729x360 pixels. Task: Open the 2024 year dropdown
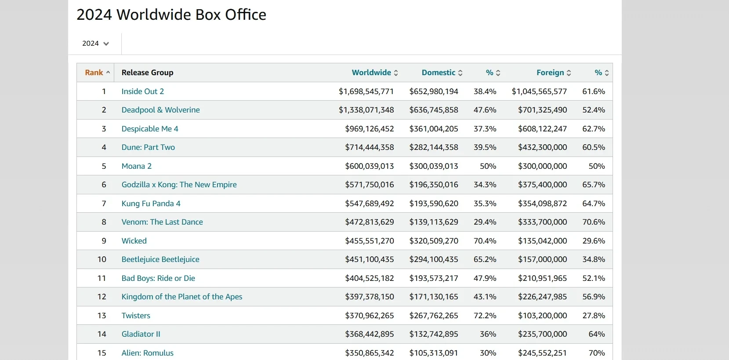(95, 44)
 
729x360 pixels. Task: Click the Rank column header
(94, 73)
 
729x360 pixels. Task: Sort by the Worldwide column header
(371, 73)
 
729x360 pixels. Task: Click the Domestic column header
(439, 73)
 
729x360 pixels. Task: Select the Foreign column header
(550, 73)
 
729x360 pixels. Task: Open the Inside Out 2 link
(143, 91)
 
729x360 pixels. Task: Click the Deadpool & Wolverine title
(160, 110)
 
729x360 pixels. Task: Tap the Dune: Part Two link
(148, 147)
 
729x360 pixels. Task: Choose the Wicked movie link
(134, 241)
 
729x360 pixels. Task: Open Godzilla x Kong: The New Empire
(179, 185)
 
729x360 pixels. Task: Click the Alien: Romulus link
(147, 353)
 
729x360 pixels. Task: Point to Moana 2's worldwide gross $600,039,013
(369, 166)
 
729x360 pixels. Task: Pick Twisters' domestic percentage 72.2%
(485, 316)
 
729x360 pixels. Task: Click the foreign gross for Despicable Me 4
(542, 129)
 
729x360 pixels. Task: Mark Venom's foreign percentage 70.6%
(594, 222)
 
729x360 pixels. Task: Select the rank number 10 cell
(102, 259)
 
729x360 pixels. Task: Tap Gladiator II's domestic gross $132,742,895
(434, 334)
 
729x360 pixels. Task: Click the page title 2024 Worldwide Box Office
(171, 15)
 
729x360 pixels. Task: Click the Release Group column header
(147, 73)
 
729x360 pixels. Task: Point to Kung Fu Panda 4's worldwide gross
(369, 204)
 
